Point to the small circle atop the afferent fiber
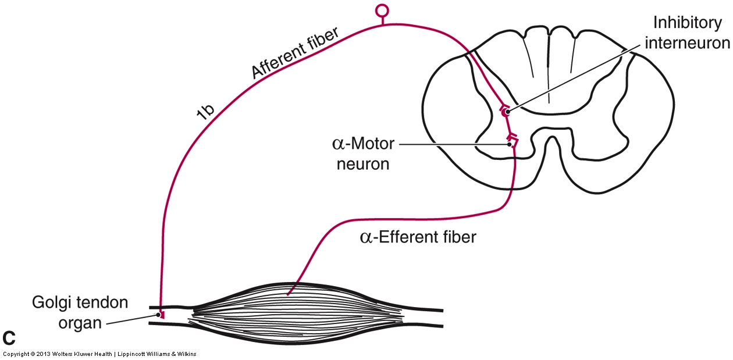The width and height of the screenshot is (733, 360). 382,10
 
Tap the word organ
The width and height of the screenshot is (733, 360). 80,322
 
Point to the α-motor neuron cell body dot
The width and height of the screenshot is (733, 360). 510,144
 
